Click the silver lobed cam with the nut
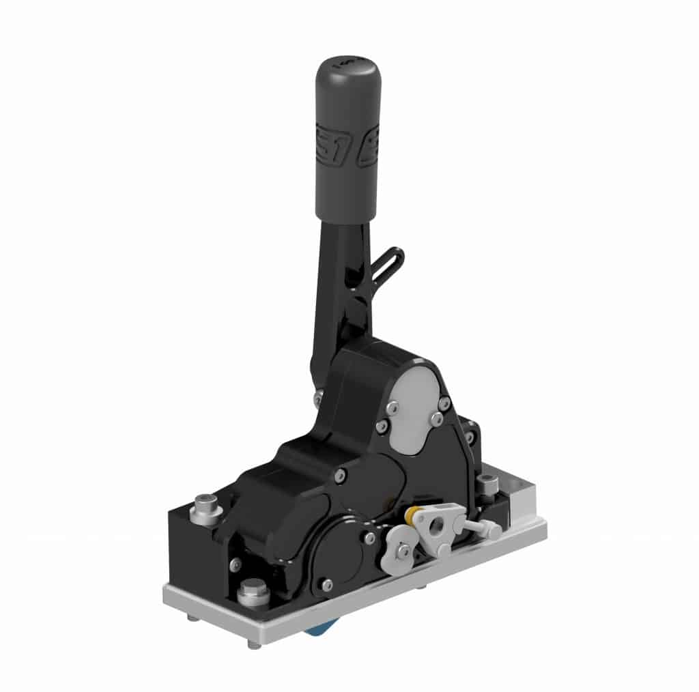click(x=399, y=546)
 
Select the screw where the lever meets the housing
click(x=319, y=394)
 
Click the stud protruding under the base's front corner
click(x=253, y=644)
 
